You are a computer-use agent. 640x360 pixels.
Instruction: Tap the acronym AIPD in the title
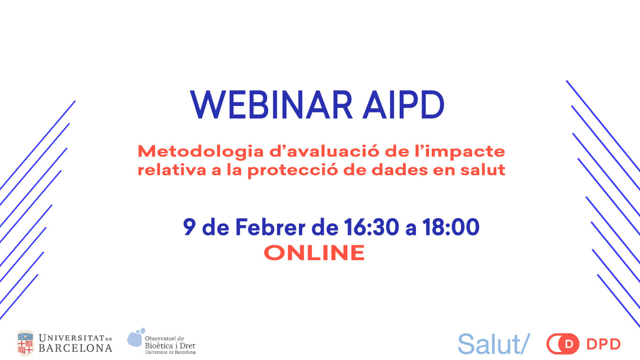click(x=403, y=105)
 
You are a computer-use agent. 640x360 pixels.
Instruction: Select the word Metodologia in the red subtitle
click(x=201, y=151)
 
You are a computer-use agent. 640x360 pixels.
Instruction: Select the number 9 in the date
click(x=189, y=227)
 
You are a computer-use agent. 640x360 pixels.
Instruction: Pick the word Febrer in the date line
click(x=270, y=227)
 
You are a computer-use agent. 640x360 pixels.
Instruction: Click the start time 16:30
click(x=371, y=227)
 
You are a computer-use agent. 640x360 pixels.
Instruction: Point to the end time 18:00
click(x=451, y=227)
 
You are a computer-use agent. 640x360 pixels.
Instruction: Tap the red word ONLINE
click(x=314, y=253)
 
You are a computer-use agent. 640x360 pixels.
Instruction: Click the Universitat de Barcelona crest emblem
click(x=25, y=343)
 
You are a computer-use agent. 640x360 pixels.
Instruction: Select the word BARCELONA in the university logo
click(x=75, y=348)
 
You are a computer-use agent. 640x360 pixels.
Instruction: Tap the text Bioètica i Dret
click(x=170, y=345)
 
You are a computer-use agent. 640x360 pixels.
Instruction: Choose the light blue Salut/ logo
click(x=494, y=344)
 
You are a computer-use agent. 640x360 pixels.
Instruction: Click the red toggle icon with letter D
click(x=563, y=344)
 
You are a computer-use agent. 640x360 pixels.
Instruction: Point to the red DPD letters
click(x=603, y=344)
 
